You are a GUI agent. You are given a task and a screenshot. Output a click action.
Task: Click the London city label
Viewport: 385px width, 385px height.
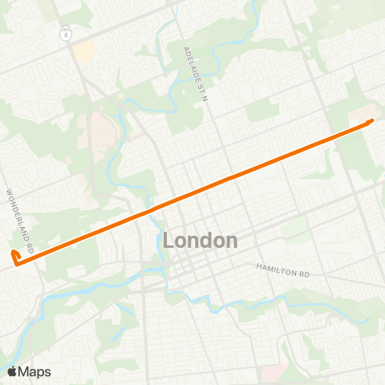(x=200, y=240)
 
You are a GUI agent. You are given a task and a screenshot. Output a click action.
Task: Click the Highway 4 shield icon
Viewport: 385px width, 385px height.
(x=64, y=35)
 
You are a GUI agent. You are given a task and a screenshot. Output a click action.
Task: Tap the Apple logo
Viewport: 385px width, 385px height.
(x=12, y=371)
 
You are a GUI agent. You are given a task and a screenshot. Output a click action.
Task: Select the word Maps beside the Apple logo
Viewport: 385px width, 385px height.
(x=34, y=371)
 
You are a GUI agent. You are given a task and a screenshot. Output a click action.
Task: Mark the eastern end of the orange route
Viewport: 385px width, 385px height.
(x=371, y=120)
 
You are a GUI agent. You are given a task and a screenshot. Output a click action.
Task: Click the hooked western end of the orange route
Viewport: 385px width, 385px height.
(x=14, y=255)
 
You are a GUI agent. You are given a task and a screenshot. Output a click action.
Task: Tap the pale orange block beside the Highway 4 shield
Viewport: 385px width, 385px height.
(x=83, y=53)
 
